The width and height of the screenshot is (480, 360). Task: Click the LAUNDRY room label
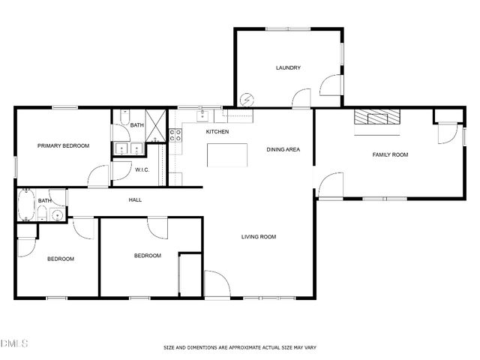pyautogui.click(x=288, y=68)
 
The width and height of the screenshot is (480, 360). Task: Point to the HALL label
pyautogui.click(x=135, y=199)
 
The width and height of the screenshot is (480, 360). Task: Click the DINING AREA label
pyautogui.click(x=283, y=149)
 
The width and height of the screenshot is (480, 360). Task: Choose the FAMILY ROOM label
pyautogui.click(x=390, y=154)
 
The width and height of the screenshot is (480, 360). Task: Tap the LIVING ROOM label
pyautogui.click(x=258, y=237)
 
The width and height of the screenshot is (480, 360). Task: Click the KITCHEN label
pyautogui.click(x=217, y=132)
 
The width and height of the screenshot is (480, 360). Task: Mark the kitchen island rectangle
pyautogui.click(x=227, y=155)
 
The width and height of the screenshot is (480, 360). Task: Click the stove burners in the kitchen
pyautogui.click(x=175, y=136)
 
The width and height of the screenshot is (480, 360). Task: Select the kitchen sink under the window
pyautogui.click(x=202, y=115)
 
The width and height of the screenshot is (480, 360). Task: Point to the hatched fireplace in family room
pyautogui.click(x=377, y=117)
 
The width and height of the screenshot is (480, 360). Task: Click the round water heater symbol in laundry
pyautogui.click(x=247, y=99)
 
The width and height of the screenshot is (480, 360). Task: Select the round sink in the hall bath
pyautogui.click(x=56, y=216)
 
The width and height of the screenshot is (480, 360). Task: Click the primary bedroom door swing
pyautogui.click(x=99, y=177)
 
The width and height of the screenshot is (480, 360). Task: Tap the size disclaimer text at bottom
pyautogui.click(x=240, y=347)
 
